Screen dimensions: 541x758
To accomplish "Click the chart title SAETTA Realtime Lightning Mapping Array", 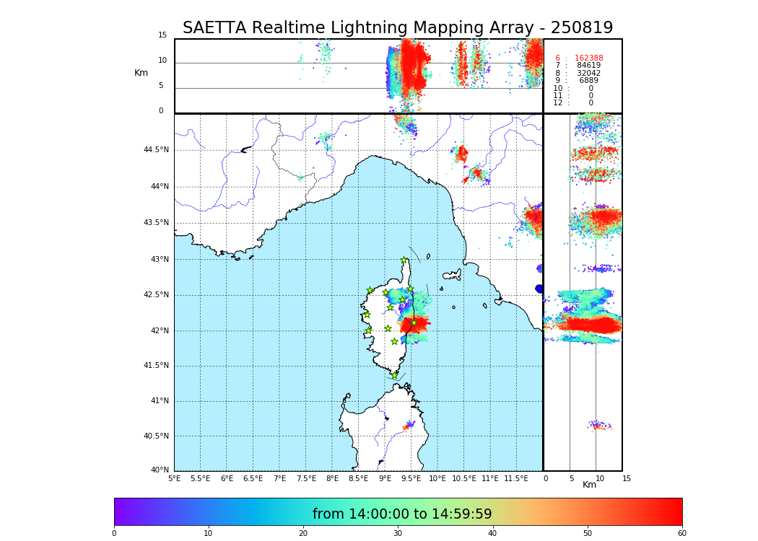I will [x=397, y=28].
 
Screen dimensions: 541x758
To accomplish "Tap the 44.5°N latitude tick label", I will [x=156, y=150].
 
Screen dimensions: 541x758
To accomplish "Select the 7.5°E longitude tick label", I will [x=306, y=478].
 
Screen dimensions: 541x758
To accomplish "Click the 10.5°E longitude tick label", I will [x=464, y=478].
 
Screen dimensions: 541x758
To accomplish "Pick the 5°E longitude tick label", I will [x=174, y=478].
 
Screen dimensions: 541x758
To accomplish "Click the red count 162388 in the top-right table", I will [x=588, y=58].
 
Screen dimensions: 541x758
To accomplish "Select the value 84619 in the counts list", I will [x=588, y=66].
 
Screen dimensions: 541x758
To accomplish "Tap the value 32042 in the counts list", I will [x=588, y=74].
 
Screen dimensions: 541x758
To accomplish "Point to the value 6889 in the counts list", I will [x=588, y=81].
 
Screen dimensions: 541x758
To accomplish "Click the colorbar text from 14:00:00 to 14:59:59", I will [x=402, y=514].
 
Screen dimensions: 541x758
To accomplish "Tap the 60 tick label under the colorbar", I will [x=682, y=533].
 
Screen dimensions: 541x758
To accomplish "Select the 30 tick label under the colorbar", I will [x=398, y=533].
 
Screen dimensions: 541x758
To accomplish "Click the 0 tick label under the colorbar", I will [x=114, y=533].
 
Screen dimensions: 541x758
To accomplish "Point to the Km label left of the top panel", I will [x=141, y=73].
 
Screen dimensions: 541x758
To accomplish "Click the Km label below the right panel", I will [x=590, y=485].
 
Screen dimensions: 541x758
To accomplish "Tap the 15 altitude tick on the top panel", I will [x=162, y=35].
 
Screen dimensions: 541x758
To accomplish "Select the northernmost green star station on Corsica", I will [x=404, y=260].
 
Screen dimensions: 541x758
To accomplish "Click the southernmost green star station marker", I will [x=394, y=375].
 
